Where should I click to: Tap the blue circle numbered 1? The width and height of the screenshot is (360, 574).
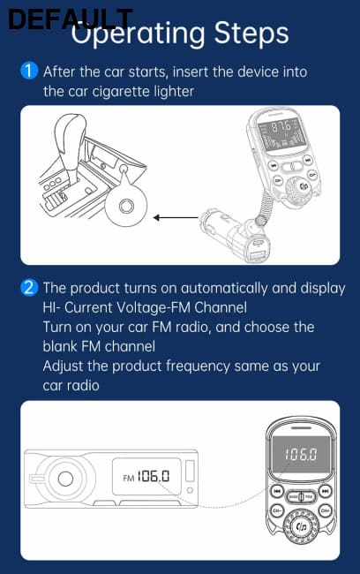29,72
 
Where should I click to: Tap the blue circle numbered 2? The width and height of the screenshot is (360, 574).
29,288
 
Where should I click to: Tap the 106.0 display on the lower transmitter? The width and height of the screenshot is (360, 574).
299,457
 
